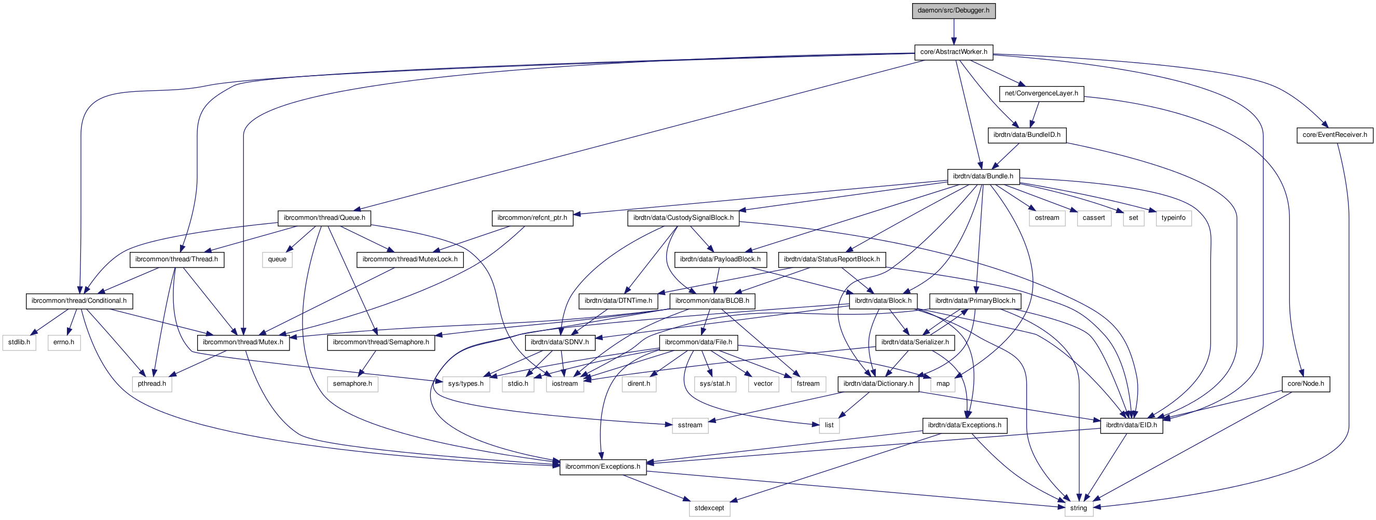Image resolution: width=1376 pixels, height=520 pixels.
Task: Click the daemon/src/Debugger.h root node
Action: click(954, 11)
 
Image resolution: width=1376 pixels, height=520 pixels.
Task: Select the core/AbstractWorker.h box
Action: click(954, 52)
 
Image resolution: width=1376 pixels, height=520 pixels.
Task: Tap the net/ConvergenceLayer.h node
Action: click(1041, 93)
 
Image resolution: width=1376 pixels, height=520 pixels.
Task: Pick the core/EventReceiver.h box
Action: click(1334, 135)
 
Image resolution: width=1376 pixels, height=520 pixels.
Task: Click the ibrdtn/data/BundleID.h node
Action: click(1027, 135)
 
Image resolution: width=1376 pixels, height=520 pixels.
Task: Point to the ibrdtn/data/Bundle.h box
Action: click(983, 177)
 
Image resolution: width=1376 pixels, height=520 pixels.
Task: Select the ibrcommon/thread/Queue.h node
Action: click(324, 218)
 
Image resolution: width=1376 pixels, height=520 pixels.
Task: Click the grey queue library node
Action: click(277, 259)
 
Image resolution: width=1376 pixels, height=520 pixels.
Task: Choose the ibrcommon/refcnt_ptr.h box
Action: click(532, 218)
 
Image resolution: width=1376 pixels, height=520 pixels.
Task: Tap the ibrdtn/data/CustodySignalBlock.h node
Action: click(683, 218)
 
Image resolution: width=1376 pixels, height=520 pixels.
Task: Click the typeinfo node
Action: click(1173, 218)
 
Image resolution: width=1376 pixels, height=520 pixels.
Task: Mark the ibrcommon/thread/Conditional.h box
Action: click(79, 301)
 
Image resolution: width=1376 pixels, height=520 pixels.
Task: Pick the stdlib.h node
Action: click(19, 342)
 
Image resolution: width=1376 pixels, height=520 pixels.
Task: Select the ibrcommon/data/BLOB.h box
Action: click(712, 301)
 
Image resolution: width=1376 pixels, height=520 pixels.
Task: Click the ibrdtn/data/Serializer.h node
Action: click(915, 342)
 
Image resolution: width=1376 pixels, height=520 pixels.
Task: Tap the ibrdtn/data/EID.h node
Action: click(1131, 426)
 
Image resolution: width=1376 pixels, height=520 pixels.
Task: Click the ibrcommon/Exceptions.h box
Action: click(602, 467)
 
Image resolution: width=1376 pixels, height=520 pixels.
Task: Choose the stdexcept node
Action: click(709, 508)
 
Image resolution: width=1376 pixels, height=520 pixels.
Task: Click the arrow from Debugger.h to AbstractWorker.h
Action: click(954, 32)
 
